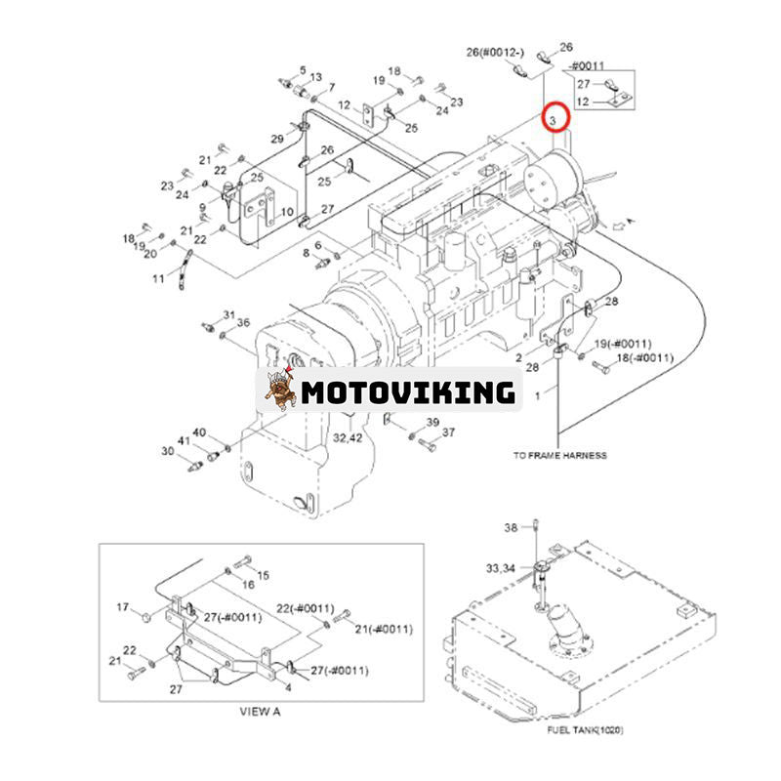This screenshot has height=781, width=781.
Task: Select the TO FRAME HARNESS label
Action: tap(559, 455)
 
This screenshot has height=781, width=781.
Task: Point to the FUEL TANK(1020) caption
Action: tap(585, 729)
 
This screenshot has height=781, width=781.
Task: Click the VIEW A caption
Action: tap(260, 711)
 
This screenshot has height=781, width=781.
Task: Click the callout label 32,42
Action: tap(348, 438)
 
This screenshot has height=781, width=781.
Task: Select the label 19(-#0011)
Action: tap(622, 344)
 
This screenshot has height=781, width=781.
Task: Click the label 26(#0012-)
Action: tap(497, 51)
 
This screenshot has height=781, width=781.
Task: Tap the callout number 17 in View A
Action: tap(123, 607)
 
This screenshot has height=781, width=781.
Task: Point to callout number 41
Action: tap(183, 441)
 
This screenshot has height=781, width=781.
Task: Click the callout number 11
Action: tap(158, 278)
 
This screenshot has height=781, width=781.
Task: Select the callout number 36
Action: tap(243, 323)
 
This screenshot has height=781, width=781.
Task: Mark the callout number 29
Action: tap(277, 140)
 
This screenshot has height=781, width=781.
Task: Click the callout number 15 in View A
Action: tap(263, 575)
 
